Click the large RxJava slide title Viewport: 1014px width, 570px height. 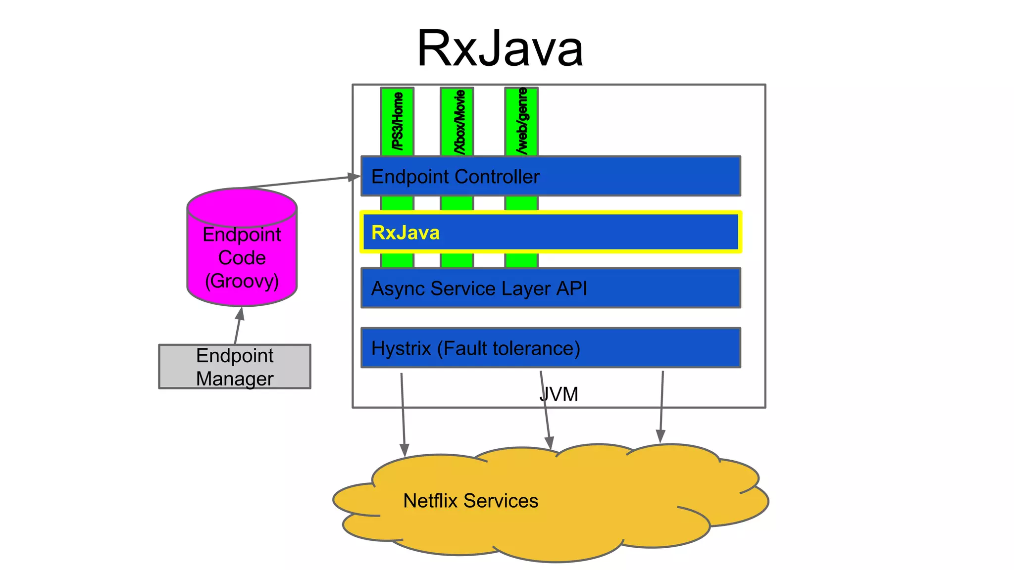500,48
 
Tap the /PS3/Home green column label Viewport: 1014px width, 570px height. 397,121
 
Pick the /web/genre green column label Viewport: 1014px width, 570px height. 521,121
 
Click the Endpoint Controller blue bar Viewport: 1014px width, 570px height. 551,176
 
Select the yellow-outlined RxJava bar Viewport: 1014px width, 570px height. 551,232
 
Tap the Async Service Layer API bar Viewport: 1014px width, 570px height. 551,288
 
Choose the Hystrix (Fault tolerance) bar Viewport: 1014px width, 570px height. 551,348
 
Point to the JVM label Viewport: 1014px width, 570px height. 559,394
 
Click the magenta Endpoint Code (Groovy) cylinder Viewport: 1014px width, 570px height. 242,247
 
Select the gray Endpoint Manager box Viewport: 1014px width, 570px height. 235,367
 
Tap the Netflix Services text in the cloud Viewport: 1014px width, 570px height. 470,501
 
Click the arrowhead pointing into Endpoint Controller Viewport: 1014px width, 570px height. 355,177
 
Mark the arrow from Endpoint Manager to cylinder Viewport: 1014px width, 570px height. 238,325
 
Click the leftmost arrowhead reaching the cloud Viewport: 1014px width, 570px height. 404,450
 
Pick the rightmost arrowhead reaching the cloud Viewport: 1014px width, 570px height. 660,436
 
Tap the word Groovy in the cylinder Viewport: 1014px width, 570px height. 242,281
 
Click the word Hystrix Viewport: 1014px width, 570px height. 401,348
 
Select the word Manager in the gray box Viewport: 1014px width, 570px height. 235,379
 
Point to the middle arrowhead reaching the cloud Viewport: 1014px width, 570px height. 549,442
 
